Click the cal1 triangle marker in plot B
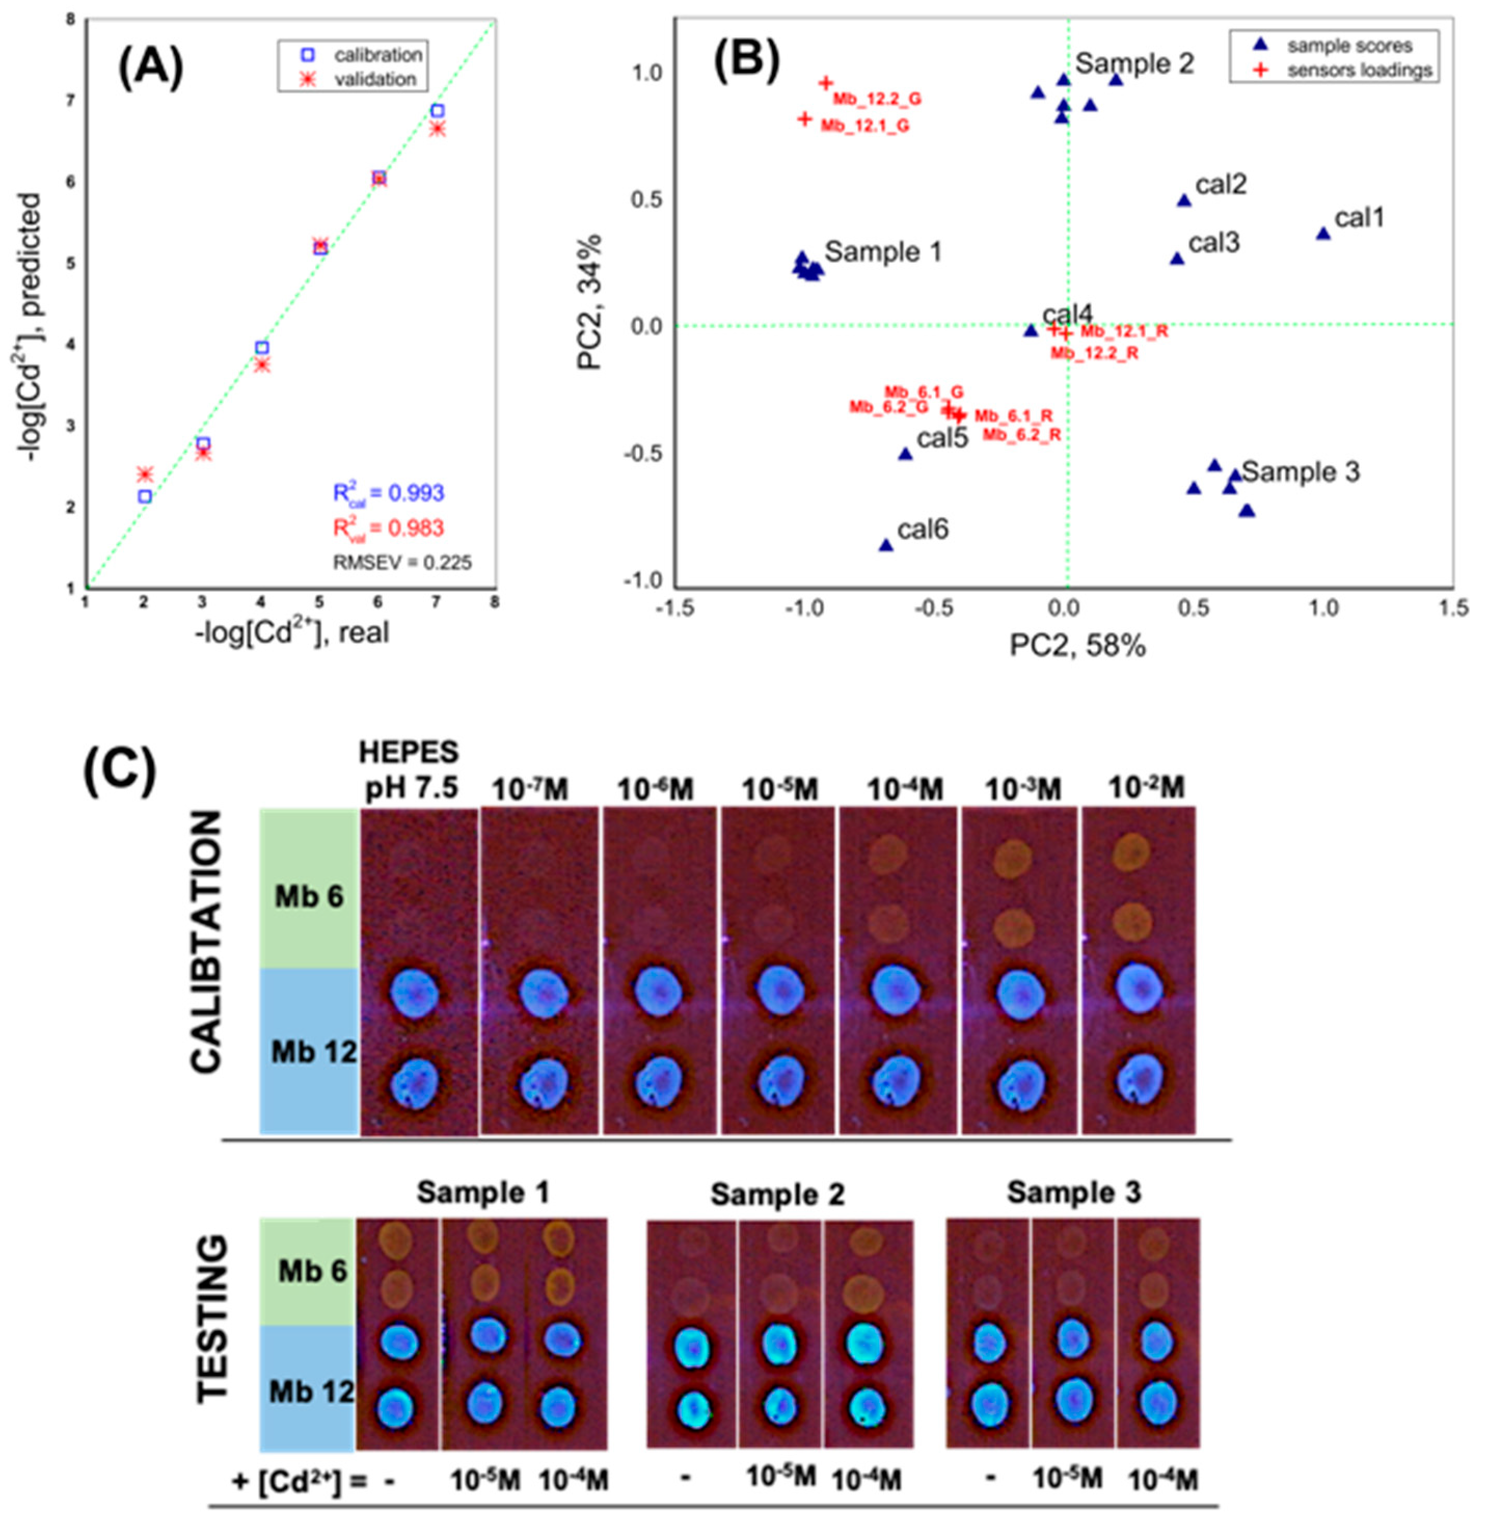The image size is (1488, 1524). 1323,234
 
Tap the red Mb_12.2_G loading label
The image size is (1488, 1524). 877,99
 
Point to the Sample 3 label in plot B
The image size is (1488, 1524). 1301,472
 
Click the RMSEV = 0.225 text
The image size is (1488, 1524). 402,562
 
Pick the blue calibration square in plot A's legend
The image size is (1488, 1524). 308,55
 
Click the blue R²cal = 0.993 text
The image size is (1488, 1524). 388,494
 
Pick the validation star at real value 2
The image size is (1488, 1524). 144,474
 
